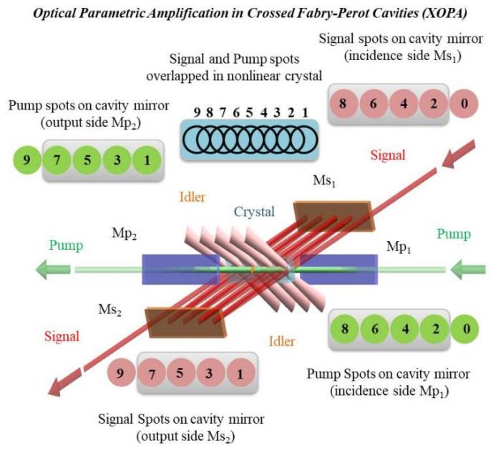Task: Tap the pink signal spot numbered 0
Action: [465, 103]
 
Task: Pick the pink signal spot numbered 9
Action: [122, 373]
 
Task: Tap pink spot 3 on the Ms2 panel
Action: [212, 373]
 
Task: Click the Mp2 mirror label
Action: [124, 234]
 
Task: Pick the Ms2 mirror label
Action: [110, 311]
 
